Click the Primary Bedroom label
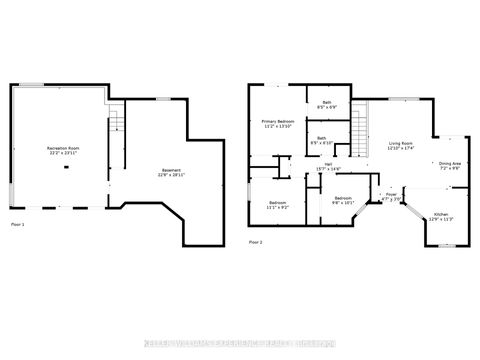tap(275, 122)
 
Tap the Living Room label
tap(402, 144)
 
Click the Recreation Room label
tap(64, 148)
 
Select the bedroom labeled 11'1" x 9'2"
tap(278, 205)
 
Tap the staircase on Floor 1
tap(115, 124)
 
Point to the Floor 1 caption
tap(17, 225)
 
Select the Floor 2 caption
tap(256, 242)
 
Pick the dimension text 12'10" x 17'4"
tap(402, 149)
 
